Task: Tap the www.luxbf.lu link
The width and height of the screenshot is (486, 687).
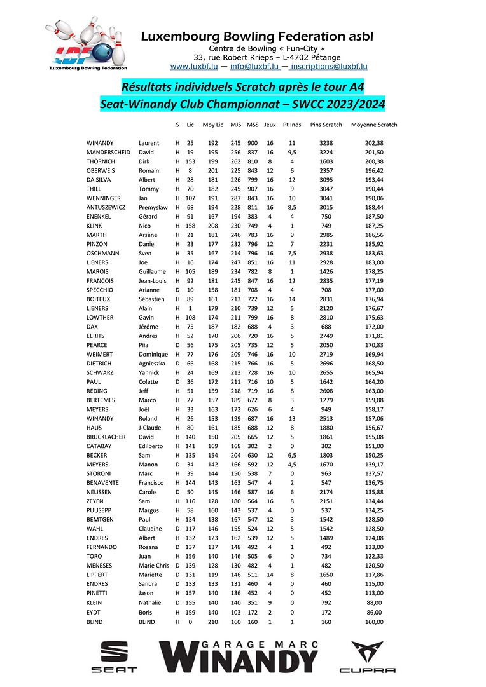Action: click(x=194, y=66)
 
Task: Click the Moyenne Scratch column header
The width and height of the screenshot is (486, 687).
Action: click(x=374, y=125)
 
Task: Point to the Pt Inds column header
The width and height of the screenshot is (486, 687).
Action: click(x=292, y=125)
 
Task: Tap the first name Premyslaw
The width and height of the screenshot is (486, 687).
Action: click(x=153, y=208)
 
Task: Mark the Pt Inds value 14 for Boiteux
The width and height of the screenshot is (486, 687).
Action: click(x=292, y=299)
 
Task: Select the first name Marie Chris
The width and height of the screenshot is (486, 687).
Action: click(x=154, y=566)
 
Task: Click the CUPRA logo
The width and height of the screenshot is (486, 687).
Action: click(x=367, y=656)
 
